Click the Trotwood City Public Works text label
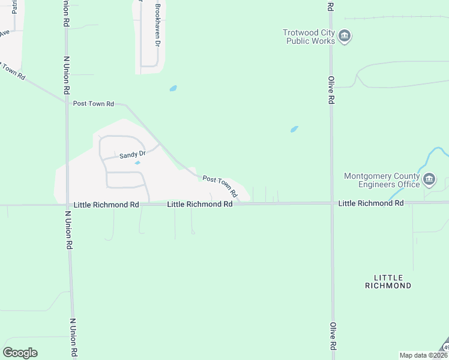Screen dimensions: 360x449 click(309, 37)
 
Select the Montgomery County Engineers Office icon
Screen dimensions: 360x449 click(429, 179)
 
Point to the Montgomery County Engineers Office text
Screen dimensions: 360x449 click(381, 180)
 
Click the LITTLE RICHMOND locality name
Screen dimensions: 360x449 click(388, 281)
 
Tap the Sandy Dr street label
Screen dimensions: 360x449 click(133, 155)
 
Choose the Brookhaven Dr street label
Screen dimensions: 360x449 click(158, 26)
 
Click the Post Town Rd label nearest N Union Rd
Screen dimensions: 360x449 click(93, 104)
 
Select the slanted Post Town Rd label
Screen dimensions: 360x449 click(220, 187)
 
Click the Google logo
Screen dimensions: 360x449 click(20, 353)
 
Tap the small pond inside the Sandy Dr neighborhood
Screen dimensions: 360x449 click(137, 163)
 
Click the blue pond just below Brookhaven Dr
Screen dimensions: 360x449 click(173, 88)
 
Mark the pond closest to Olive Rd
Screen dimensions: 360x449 click(294, 128)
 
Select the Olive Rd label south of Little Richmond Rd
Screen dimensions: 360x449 click(332, 337)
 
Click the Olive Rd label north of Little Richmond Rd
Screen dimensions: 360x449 click(331, 90)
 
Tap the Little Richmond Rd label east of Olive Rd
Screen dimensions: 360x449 click(370, 203)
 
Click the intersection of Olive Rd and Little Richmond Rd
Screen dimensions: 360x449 click(331, 203)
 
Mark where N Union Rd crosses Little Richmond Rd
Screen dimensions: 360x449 click(67, 205)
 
